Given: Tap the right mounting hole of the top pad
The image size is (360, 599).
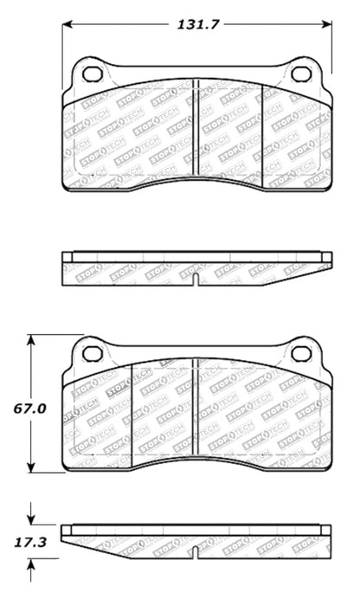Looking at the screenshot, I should coord(300,74).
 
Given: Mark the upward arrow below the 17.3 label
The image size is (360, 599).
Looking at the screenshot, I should coord(33,565).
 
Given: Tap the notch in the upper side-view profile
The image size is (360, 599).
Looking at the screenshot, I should coord(197,279).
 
